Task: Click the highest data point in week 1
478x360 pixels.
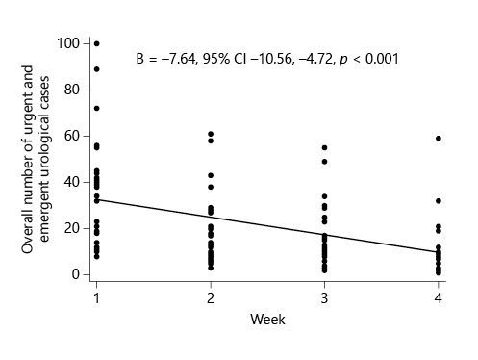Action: pyautogui.click(x=96, y=43)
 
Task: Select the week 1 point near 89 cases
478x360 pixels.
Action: pyautogui.click(x=96, y=68)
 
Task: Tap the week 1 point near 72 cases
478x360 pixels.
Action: pyautogui.click(x=96, y=108)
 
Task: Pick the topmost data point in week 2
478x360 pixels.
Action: pyautogui.click(x=211, y=134)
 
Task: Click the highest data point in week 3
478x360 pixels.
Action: pyautogui.click(x=324, y=147)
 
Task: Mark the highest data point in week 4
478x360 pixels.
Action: pyautogui.click(x=439, y=138)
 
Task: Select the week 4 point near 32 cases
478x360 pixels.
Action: pyautogui.click(x=439, y=200)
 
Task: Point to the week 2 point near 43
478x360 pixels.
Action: pyautogui.click(x=211, y=175)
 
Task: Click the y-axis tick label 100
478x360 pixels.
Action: pyautogui.click(x=67, y=43)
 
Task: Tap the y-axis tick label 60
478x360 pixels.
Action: pyautogui.click(x=70, y=136)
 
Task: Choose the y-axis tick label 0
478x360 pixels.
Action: pyautogui.click(x=74, y=274)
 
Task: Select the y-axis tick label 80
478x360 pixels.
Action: pyautogui.click(x=70, y=90)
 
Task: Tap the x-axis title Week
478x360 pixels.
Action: pyautogui.click(x=266, y=319)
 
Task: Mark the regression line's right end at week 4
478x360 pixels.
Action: pyautogui.click(x=439, y=252)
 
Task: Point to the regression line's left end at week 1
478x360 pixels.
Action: pyautogui.click(x=96, y=199)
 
